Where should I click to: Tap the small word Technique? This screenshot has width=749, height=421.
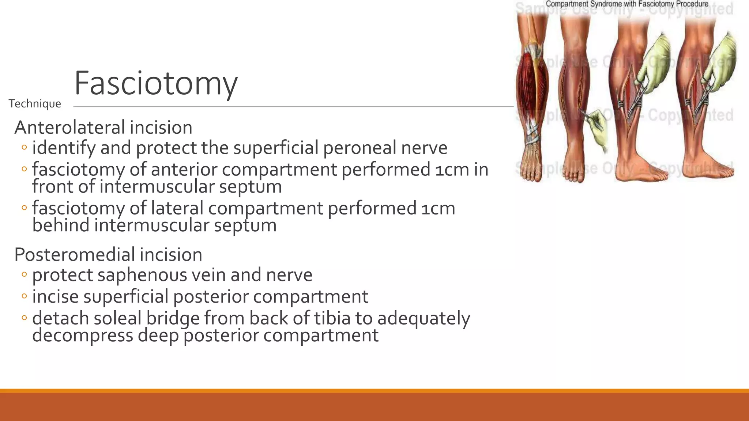[x=35, y=104]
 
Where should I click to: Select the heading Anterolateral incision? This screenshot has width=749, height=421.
[x=103, y=128]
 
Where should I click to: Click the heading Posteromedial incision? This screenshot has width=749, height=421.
[x=108, y=254]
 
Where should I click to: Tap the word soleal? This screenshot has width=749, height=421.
[x=117, y=318]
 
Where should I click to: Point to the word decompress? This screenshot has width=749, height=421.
[x=82, y=335]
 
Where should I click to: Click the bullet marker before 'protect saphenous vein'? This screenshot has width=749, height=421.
[x=24, y=274]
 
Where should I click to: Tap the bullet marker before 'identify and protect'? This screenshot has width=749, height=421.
[x=24, y=148]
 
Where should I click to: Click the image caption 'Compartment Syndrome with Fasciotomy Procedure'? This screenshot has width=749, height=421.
[x=627, y=4]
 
